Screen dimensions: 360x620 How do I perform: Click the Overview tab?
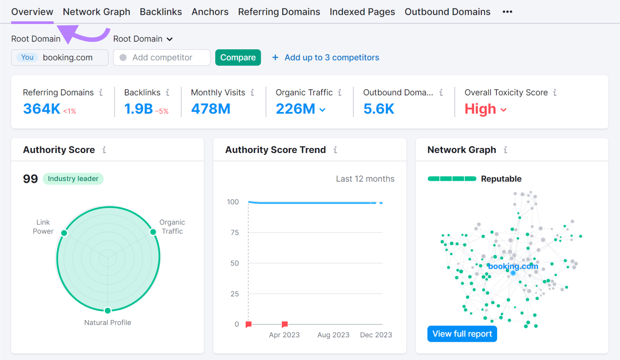(x=32, y=12)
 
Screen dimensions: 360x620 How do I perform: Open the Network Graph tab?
(x=97, y=12)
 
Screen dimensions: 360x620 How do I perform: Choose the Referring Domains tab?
(x=279, y=12)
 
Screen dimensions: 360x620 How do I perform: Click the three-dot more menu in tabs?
(x=507, y=12)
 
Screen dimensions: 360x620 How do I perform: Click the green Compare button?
(x=238, y=57)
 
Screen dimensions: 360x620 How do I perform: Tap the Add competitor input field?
(x=162, y=57)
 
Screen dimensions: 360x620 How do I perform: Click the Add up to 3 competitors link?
(x=331, y=57)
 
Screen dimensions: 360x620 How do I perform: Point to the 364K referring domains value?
(x=42, y=108)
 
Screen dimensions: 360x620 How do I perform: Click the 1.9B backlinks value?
(x=138, y=108)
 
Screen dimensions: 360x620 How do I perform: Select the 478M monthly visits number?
(x=211, y=108)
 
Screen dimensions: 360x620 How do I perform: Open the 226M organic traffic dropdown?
(x=301, y=108)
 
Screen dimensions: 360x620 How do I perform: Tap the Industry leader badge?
(x=73, y=179)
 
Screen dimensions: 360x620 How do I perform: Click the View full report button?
(x=462, y=334)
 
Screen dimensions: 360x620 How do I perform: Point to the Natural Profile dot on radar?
(x=107, y=311)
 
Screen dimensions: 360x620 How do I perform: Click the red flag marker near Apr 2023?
(x=285, y=324)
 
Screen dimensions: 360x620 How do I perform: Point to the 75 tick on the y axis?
(x=233, y=232)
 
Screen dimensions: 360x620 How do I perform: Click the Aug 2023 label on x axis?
(x=333, y=335)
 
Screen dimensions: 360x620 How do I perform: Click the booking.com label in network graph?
(x=513, y=266)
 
